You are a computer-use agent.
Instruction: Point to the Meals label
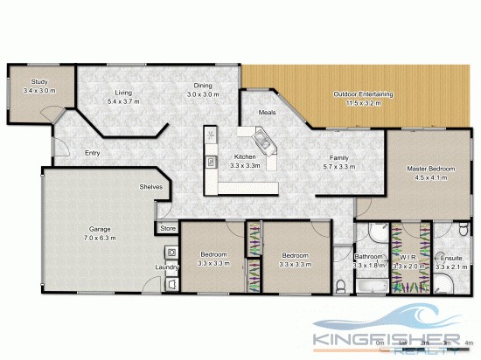[x=268, y=113]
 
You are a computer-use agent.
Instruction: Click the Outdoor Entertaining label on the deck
[x=363, y=93]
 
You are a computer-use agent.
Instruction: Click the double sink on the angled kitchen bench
[x=261, y=141]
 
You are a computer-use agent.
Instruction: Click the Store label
[x=168, y=229]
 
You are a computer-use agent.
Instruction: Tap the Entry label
[x=93, y=153]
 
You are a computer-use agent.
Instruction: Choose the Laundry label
[x=166, y=267]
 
